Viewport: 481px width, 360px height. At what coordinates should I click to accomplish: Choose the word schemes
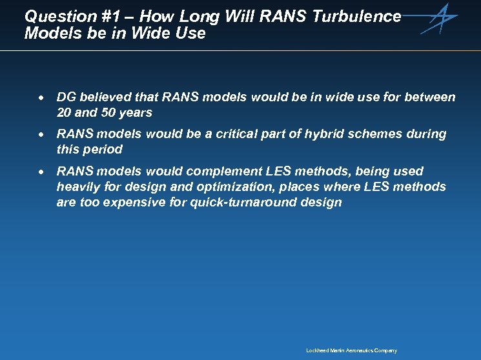coord(372,134)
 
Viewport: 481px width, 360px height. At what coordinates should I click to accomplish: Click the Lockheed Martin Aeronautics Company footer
coord(351,350)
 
